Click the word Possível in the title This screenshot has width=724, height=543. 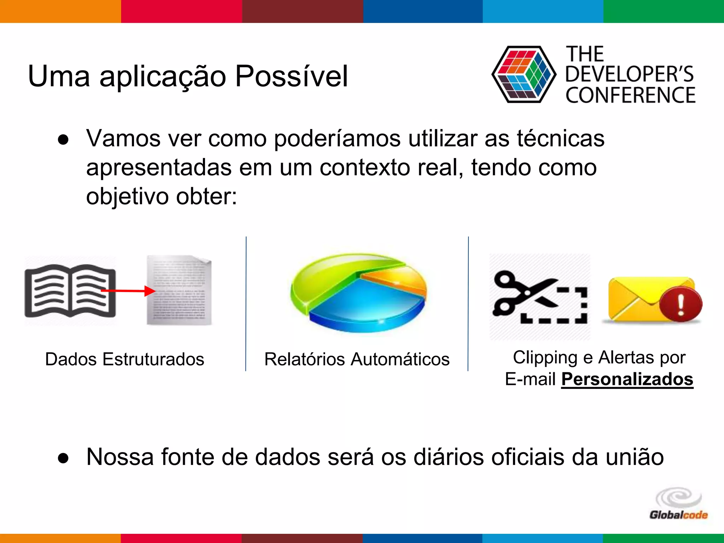coord(292,76)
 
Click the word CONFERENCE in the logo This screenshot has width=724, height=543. coord(630,95)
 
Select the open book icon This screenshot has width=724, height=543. coord(70,291)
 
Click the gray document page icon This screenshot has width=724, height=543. coord(179,290)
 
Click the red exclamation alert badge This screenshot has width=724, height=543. coord(681,304)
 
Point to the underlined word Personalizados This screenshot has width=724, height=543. coord(627,379)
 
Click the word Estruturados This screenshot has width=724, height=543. coord(153,359)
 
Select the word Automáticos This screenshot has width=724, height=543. coord(400,359)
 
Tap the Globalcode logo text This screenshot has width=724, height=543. coord(678,515)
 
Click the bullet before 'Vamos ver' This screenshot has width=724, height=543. coord(63,140)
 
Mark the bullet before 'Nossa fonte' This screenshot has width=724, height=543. coord(63,458)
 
